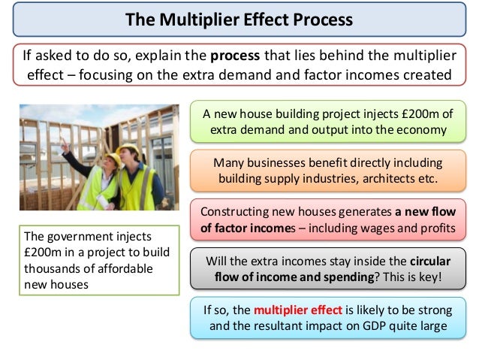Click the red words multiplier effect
(x=294, y=309)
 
